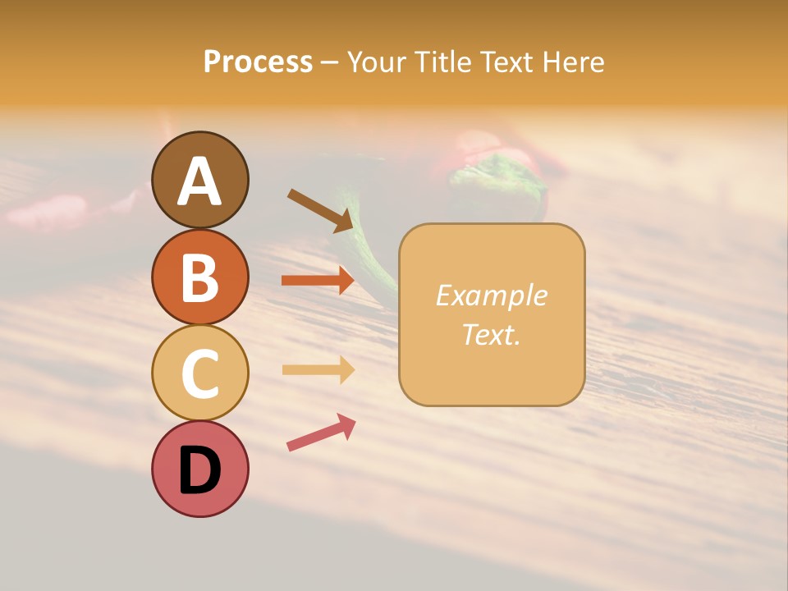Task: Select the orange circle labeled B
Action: (199, 277)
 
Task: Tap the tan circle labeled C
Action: (199, 373)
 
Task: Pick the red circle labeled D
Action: (199, 469)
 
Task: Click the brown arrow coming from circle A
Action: (320, 209)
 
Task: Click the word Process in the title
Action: (258, 62)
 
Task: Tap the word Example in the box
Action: (491, 295)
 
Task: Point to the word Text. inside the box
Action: (491, 334)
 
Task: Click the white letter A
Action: (199, 181)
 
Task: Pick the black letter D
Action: (199, 471)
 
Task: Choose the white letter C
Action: (199, 374)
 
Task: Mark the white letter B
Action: (199, 278)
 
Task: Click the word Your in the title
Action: (377, 62)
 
